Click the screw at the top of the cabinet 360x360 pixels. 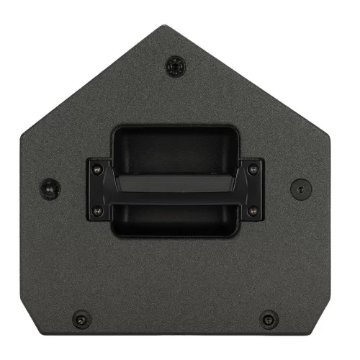click(x=174, y=67)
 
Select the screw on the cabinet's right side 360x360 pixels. click(x=300, y=189)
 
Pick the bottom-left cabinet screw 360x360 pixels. click(x=81, y=318)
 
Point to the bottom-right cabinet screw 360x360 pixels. click(x=269, y=318)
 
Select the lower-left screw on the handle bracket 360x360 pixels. click(x=97, y=211)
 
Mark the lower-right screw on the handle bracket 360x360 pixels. click(x=252, y=211)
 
